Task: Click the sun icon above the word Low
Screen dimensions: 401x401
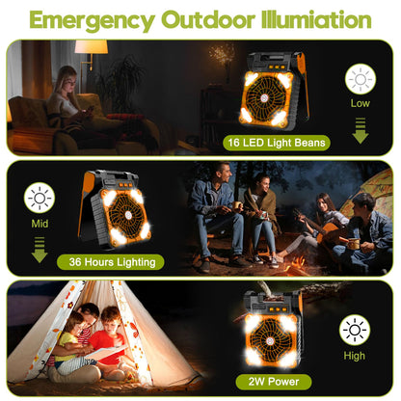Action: [361, 79]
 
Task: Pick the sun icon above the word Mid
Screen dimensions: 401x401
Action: [40, 199]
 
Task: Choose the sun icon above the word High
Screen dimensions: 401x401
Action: [355, 330]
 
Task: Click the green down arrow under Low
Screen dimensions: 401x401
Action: [361, 129]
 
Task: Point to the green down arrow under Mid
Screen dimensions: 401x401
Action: [40, 251]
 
